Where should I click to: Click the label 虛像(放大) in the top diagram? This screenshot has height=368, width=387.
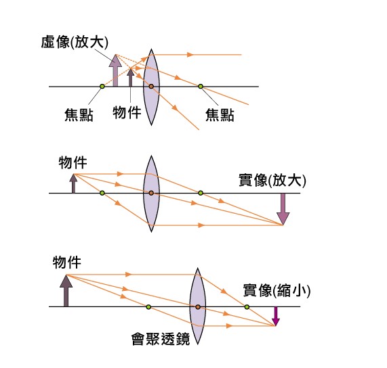point(75,42)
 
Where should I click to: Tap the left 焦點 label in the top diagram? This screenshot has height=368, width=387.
point(79,115)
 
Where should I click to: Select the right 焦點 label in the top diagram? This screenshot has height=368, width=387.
point(220,115)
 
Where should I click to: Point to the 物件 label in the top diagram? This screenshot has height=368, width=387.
point(127,112)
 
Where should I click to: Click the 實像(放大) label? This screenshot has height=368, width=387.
point(272,181)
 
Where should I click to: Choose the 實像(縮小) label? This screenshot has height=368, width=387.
point(277,290)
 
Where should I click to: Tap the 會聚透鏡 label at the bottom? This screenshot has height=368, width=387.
point(161,339)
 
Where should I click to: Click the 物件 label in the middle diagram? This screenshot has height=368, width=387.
point(73,162)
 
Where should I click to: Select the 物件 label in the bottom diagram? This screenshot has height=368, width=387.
point(67,262)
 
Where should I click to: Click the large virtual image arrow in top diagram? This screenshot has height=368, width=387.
point(115,70)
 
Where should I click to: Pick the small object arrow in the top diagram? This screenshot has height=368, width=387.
point(130,77)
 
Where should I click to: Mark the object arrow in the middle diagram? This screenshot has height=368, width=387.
point(73,183)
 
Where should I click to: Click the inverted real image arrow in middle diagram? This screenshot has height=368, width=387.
point(283,209)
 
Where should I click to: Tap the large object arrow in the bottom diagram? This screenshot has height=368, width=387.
point(66,291)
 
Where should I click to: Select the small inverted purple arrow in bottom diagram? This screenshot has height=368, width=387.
point(276,317)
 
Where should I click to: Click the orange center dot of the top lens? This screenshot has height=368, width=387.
point(151,87)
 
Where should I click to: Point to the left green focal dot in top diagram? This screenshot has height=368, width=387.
point(102,87)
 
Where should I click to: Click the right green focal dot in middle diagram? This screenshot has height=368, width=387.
point(201,193)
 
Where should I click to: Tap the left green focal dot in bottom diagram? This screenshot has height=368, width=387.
point(148,307)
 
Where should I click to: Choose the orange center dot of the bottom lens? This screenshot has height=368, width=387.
point(198,307)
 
